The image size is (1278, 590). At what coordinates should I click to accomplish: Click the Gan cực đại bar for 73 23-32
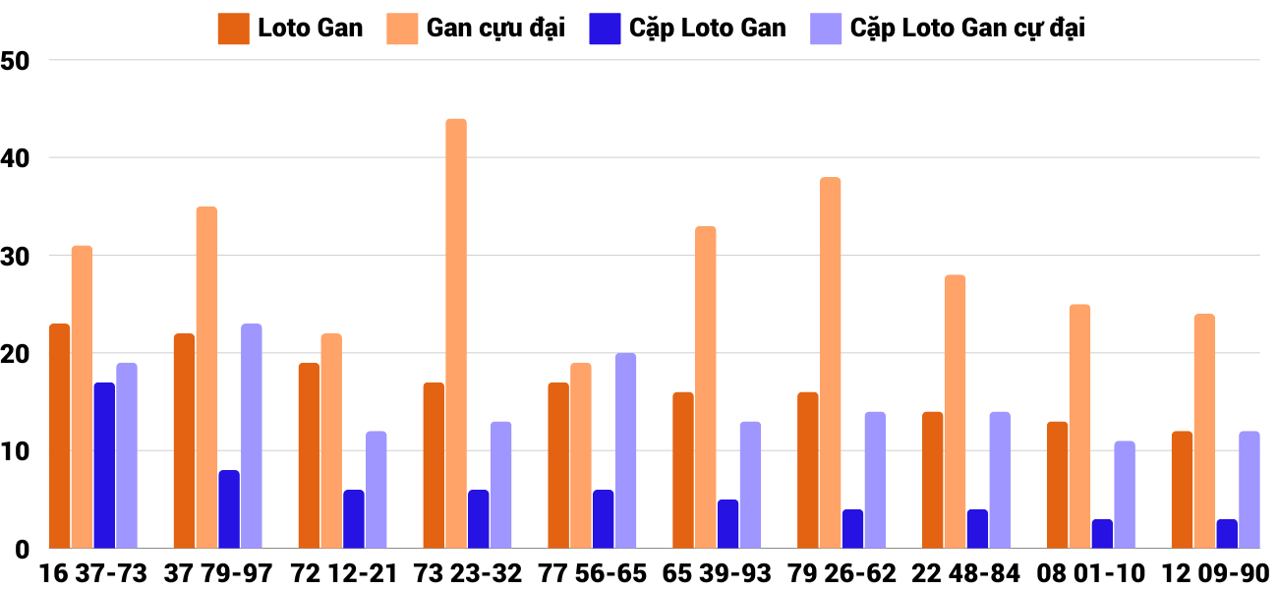[456, 334]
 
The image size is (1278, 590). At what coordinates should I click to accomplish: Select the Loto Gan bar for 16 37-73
[59, 437]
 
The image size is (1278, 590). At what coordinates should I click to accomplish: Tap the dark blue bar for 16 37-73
[104, 466]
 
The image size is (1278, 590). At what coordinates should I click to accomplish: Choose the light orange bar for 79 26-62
[831, 363]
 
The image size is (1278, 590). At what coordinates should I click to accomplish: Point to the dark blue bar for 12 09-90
[1227, 534]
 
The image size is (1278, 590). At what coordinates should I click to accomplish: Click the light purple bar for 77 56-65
[625, 451]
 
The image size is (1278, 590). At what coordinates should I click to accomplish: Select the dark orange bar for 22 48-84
[933, 481]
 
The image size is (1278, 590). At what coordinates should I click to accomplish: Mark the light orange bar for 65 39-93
[706, 387]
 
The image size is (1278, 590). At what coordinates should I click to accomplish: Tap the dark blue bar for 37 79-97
[229, 509]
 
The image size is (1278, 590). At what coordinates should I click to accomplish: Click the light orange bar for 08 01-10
[1080, 427]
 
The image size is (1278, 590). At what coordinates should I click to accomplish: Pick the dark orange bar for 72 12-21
[309, 456]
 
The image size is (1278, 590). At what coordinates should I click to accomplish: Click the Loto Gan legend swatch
[234, 29]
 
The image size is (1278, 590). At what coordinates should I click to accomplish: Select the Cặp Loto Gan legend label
[708, 29]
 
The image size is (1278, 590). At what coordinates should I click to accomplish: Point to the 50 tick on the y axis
[17, 61]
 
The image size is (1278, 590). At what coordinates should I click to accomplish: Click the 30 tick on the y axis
[17, 256]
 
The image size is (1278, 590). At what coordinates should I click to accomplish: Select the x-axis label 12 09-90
[1215, 572]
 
